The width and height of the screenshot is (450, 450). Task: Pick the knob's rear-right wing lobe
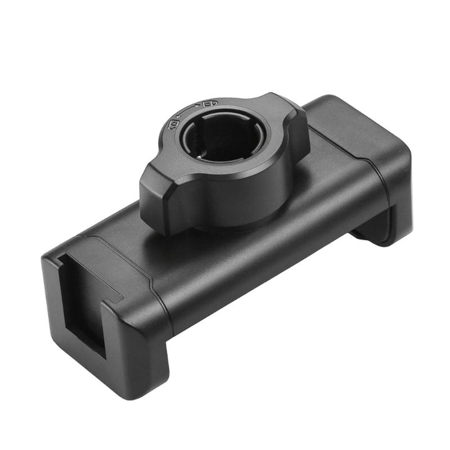pos(284,115)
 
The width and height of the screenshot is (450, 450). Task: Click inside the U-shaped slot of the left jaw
pos(83,315)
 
